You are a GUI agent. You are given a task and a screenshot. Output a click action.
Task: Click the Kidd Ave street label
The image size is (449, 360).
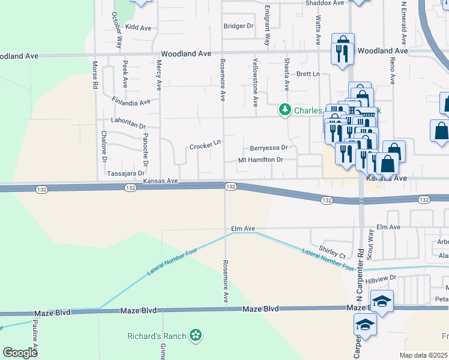(x=138, y=28)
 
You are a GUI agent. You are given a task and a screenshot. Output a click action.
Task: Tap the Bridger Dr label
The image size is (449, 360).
(x=239, y=26)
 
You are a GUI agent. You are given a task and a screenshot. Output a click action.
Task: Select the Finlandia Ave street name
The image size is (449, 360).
(x=131, y=101)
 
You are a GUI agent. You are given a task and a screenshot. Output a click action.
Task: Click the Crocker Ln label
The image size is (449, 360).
(x=206, y=146)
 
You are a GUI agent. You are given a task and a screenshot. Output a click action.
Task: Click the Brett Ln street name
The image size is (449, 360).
(x=309, y=74)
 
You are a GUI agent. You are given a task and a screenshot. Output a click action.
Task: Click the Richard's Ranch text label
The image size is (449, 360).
(x=157, y=336)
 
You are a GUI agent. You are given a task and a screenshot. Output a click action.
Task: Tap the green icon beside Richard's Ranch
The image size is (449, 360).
(x=195, y=336)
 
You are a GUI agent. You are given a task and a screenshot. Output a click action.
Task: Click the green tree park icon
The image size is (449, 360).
(x=284, y=110)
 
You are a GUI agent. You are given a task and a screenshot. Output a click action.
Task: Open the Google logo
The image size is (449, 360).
(x=20, y=352)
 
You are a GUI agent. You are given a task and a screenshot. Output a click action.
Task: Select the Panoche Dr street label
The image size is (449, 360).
(x=145, y=150)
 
